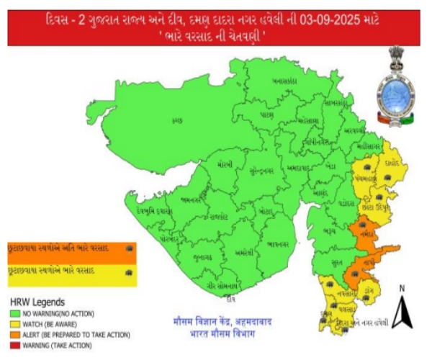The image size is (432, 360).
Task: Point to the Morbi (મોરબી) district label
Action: [x=225, y=166]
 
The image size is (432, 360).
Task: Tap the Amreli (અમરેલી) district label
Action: [x=244, y=254]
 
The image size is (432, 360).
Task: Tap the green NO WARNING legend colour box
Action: [x=14, y=313]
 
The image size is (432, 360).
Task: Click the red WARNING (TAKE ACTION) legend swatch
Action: [x=14, y=345]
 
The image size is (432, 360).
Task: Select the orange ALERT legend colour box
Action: [x=14, y=335]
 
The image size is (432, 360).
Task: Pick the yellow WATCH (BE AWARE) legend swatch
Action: [x=14, y=324]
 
